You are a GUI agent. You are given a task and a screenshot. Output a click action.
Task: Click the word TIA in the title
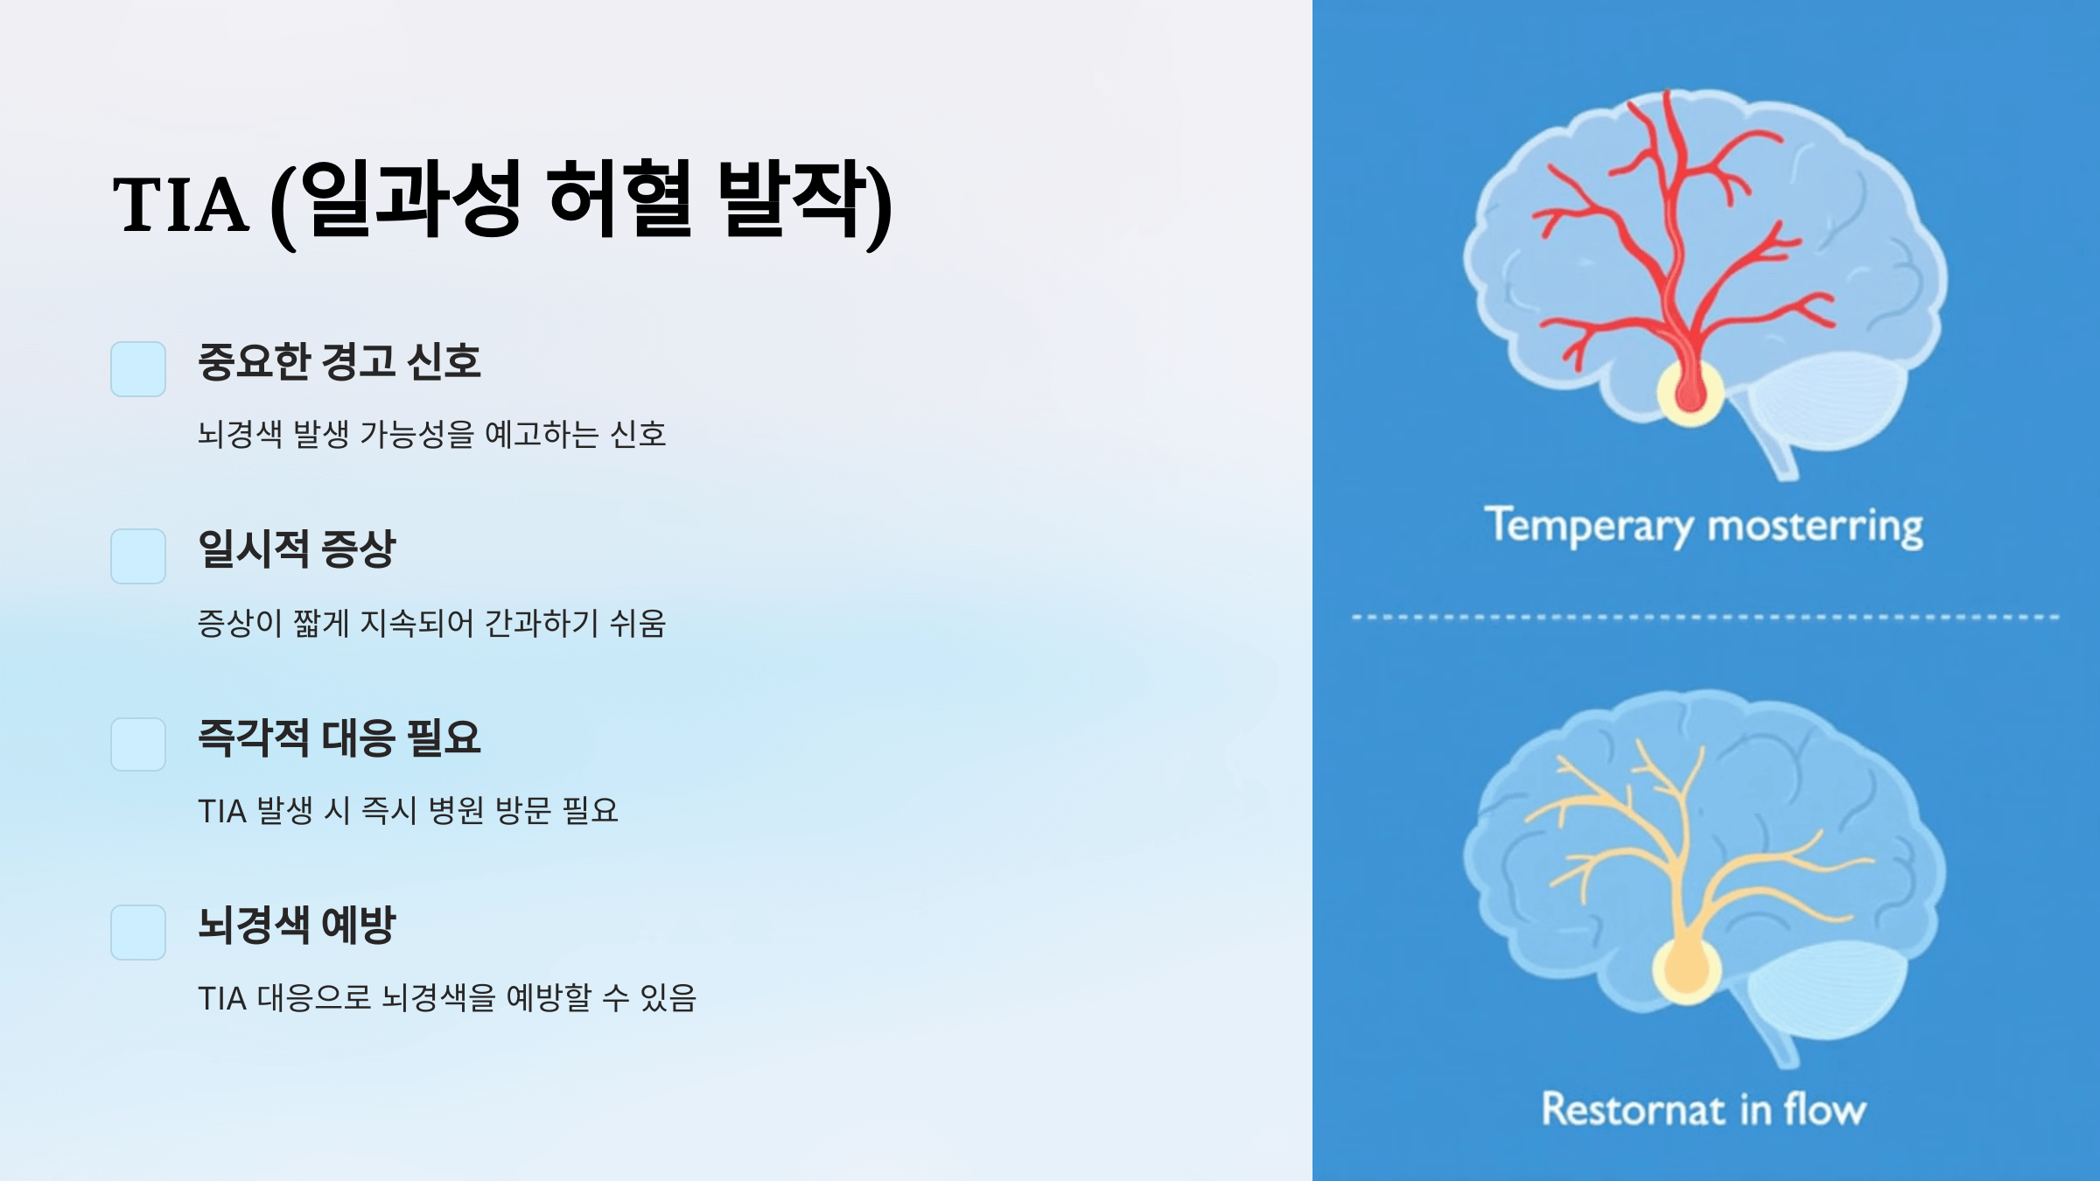[x=180, y=205]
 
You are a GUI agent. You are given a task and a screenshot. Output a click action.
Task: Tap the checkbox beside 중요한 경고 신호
[x=138, y=369]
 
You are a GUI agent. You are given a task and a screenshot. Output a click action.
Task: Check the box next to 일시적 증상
[x=138, y=556]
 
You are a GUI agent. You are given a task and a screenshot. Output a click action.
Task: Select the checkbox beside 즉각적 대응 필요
[x=138, y=744]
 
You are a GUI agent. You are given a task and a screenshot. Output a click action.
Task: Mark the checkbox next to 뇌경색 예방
[x=138, y=933]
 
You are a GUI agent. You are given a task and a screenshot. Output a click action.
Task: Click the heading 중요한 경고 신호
[x=339, y=361]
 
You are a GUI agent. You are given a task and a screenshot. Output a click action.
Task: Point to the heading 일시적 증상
[x=297, y=549]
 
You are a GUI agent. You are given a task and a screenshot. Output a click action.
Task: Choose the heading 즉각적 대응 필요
[x=339, y=737]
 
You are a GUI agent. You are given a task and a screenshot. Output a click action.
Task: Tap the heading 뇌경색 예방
[x=297, y=925]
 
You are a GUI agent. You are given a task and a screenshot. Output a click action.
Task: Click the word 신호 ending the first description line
[x=638, y=435]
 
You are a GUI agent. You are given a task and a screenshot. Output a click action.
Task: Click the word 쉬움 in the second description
[x=638, y=624]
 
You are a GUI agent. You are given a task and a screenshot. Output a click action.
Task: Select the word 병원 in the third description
[x=456, y=811]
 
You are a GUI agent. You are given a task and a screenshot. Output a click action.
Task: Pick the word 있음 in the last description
[x=668, y=998]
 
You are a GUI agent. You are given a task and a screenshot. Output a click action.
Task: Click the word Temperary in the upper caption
[x=1589, y=527]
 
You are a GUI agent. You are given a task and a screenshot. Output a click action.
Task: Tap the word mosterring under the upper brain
[x=1815, y=527]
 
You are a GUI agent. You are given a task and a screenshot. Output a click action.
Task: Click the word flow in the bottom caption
[x=1825, y=1109]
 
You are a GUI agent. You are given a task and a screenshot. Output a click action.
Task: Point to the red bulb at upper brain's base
[x=1690, y=391]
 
